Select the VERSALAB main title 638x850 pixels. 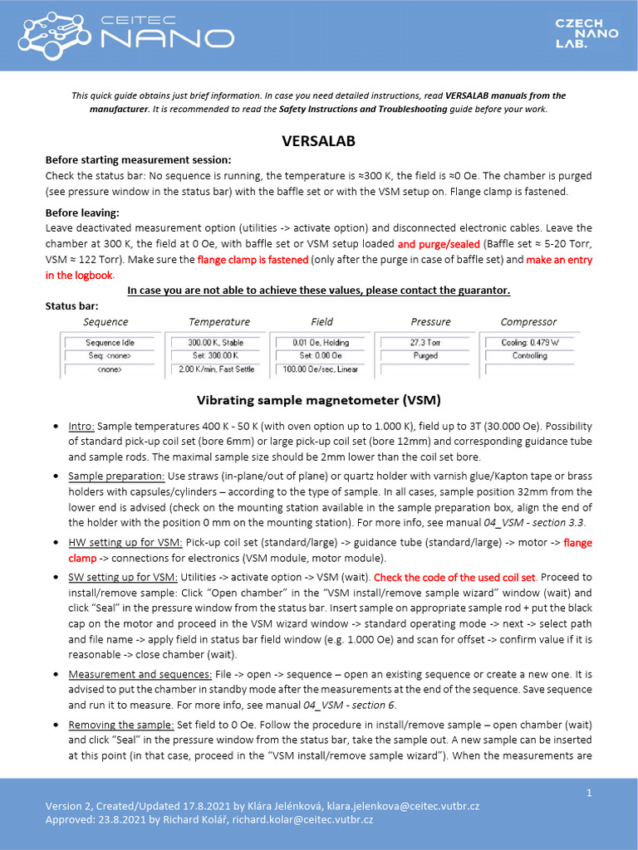(319, 141)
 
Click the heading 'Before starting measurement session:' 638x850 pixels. (138, 159)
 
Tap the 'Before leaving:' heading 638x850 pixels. (82, 212)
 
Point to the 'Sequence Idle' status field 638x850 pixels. (110, 342)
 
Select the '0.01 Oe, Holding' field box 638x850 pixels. (322, 342)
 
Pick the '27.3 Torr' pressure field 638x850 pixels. (425, 342)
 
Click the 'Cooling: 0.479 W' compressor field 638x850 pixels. (529, 342)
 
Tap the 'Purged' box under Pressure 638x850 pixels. (425, 355)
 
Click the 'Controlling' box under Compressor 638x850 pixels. (529, 355)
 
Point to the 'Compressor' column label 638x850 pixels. (528, 321)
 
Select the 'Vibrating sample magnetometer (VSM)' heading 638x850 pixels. (319, 399)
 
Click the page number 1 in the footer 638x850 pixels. (589, 794)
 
